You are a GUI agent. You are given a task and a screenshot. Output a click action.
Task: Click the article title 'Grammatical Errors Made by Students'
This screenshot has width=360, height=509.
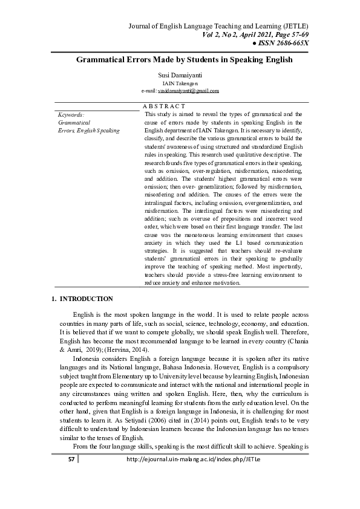click(184, 60)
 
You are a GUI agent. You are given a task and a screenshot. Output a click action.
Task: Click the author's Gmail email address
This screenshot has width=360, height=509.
click(188, 90)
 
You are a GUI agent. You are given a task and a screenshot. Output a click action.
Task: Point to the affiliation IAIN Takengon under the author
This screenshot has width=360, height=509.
click(180, 83)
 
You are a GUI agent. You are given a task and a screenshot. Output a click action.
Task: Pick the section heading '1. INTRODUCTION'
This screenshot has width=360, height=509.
click(82, 299)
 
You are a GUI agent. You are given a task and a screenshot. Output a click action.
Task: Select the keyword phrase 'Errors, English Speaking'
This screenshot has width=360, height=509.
click(88, 131)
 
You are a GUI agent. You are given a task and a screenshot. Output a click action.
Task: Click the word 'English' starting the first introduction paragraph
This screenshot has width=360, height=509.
click(84, 316)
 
